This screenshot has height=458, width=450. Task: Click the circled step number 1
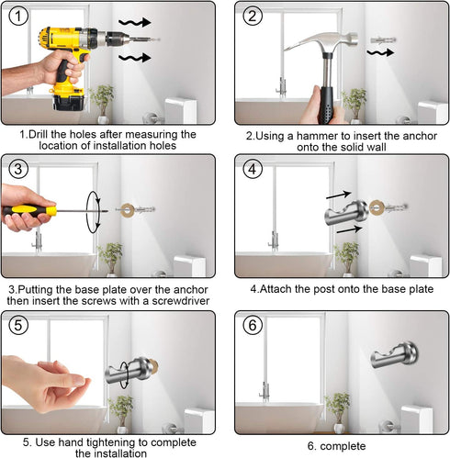pos(18,16)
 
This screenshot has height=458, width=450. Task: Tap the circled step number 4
pos(253,169)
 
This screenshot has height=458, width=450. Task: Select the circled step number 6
pos(253,325)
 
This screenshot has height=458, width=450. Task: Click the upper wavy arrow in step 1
pos(135,22)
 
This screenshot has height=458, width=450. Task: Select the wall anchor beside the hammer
pos(383,39)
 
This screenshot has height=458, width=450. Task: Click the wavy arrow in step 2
pos(380,52)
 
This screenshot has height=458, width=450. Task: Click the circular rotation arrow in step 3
pos(94,212)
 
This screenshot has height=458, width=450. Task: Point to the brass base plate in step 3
pos(127,210)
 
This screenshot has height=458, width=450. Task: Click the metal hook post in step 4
pos(346,212)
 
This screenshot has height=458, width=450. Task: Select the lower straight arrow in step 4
pos(349,229)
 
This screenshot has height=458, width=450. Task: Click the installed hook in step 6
pos(395,355)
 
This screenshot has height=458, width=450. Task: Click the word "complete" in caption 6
pos(343,446)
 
